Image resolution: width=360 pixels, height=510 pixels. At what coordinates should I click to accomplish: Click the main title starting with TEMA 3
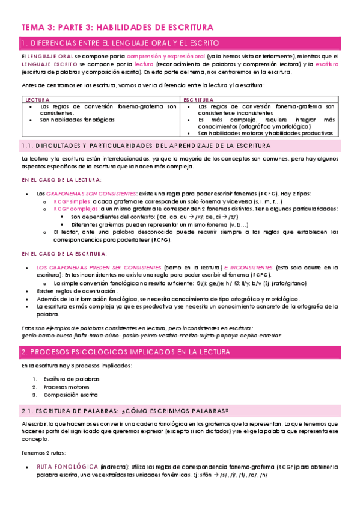click(117, 28)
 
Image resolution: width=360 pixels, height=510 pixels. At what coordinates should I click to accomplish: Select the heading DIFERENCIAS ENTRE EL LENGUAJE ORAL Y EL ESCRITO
click(120, 43)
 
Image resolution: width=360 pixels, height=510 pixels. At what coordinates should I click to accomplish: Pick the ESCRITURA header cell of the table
click(199, 100)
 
